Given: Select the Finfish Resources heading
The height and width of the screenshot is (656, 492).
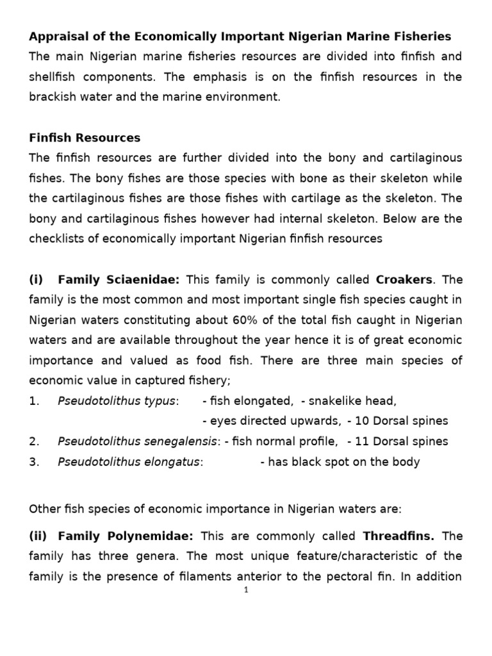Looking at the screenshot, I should pyautogui.click(x=85, y=138).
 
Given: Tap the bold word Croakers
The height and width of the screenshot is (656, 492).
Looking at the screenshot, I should pyautogui.click(x=404, y=279).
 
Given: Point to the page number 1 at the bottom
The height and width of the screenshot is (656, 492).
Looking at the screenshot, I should pyautogui.click(x=245, y=590).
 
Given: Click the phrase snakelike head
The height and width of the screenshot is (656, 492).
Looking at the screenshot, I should pyautogui.click(x=353, y=401).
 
